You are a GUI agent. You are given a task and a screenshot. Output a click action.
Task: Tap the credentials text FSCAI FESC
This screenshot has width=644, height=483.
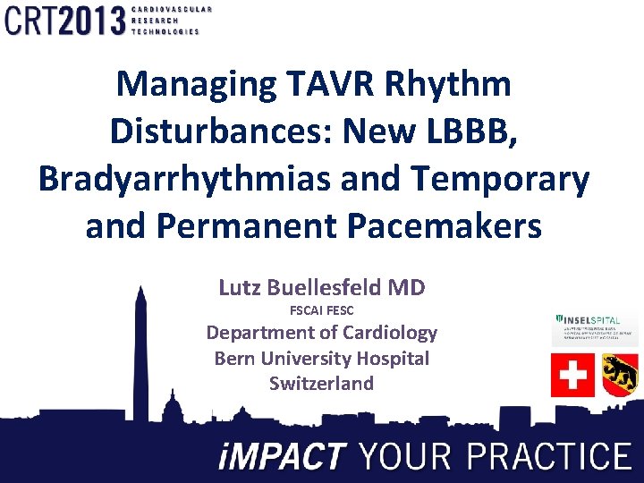pyautogui.click(x=322, y=310)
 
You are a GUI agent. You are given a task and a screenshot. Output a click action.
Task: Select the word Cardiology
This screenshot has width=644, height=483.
pyautogui.click(x=383, y=334)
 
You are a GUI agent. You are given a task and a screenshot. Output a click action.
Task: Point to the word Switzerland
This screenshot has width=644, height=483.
pyautogui.click(x=321, y=384)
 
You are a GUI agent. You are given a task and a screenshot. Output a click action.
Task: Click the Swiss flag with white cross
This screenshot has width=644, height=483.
pyautogui.click(x=571, y=375)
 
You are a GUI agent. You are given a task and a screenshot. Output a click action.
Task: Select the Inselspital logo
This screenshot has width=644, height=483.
pyautogui.click(x=595, y=329)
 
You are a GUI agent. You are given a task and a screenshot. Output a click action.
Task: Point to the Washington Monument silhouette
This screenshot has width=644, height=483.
pyautogui.click(x=140, y=358)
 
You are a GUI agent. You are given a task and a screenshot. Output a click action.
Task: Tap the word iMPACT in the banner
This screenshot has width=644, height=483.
pyautogui.click(x=282, y=457)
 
